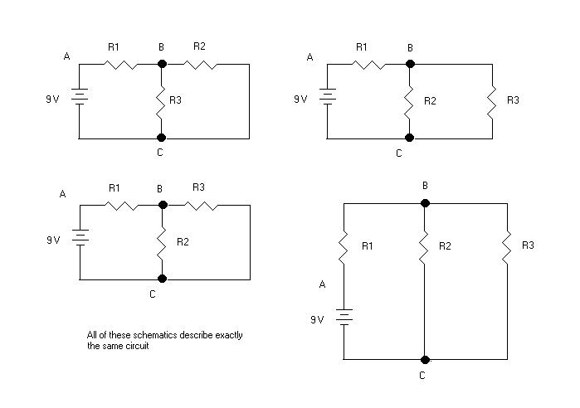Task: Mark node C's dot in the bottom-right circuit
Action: tap(426, 359)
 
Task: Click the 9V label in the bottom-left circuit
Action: tap(54, 240)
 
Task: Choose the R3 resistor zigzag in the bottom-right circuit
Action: tap(507, 246)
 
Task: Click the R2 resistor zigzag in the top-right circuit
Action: tap(408, 100)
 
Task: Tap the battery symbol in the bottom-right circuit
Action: tap(344, 317)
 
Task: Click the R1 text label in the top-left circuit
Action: tap(114, 46)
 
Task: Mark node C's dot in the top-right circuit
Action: tap(408, 138)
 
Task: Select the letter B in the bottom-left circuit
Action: tap(158, 188)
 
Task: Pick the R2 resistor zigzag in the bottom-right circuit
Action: tap(426, 246)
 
